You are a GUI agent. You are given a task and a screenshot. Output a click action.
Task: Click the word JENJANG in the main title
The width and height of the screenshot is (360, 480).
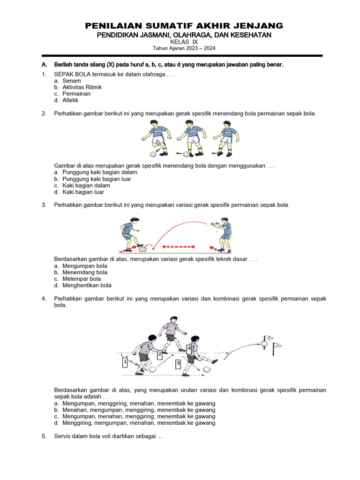(255, 25)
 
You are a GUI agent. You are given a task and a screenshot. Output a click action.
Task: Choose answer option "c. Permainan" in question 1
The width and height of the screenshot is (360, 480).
(72, 94)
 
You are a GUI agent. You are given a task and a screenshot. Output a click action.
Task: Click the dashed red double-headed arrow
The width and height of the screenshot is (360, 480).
(179, 246)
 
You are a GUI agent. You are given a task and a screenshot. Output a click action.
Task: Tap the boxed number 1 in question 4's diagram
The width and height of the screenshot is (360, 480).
(125, 362)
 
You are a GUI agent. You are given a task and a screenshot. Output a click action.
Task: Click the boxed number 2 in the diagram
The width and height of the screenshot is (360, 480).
(159, 354)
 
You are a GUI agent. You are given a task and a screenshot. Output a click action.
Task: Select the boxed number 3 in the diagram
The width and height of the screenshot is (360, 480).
(178, 363)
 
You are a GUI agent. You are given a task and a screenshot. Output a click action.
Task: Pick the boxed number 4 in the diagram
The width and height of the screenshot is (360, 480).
(189, 349)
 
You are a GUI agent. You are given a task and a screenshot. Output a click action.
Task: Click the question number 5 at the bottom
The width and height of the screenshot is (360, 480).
(44, 436)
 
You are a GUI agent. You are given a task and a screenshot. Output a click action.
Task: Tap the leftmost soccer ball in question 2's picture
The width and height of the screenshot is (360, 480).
(153, 154)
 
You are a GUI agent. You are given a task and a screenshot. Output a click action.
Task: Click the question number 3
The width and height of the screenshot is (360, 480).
(44, 205)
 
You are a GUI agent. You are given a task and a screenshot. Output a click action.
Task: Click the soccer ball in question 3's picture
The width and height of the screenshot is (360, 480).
(148, 249)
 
